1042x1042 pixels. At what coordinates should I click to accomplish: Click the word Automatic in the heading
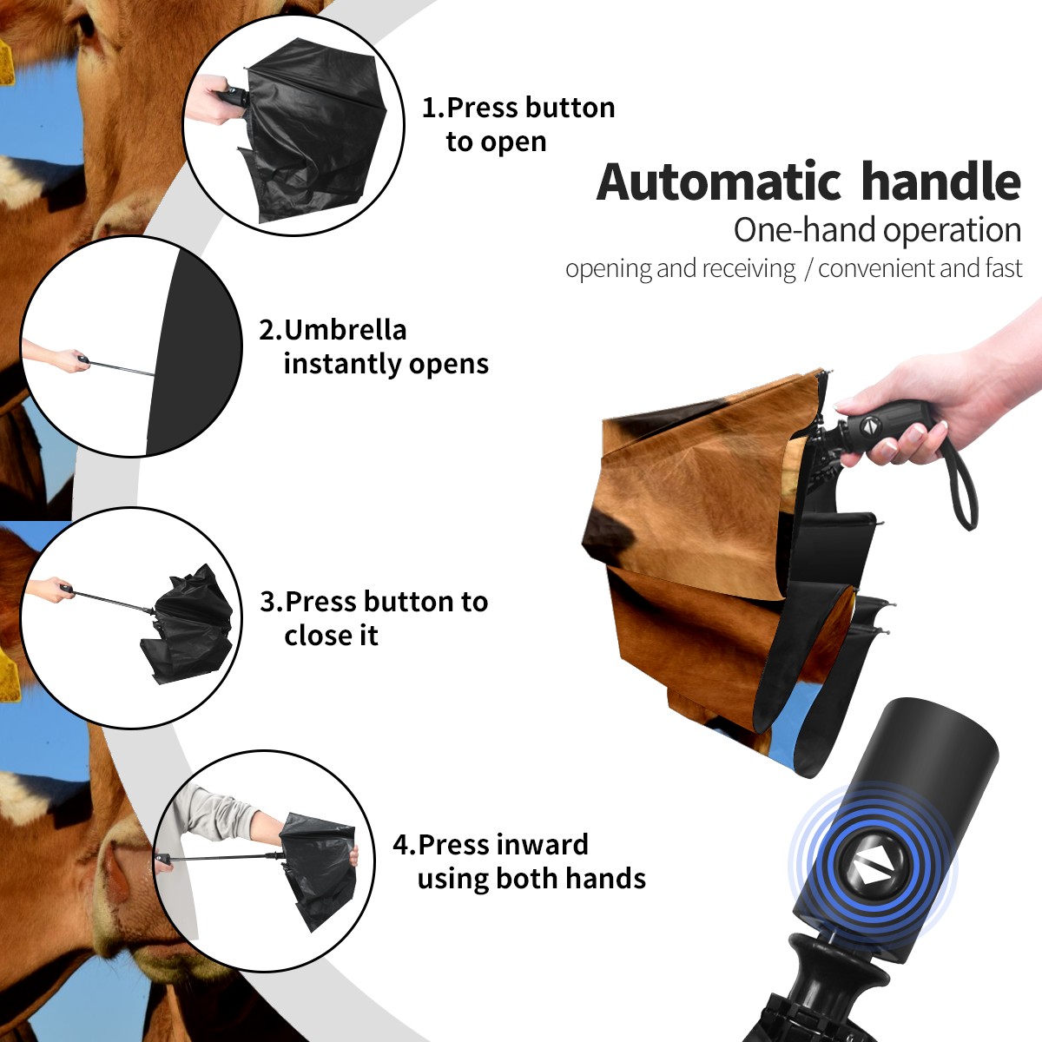point(719,181)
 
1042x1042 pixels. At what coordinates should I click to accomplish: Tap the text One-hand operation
point(877,230)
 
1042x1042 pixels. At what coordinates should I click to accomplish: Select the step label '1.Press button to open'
point(518,124)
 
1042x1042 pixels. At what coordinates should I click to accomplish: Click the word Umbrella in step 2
point(345,330)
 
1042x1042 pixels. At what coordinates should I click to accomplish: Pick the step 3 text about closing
point(373,618)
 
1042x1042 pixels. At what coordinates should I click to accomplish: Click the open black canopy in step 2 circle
point(195,352)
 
